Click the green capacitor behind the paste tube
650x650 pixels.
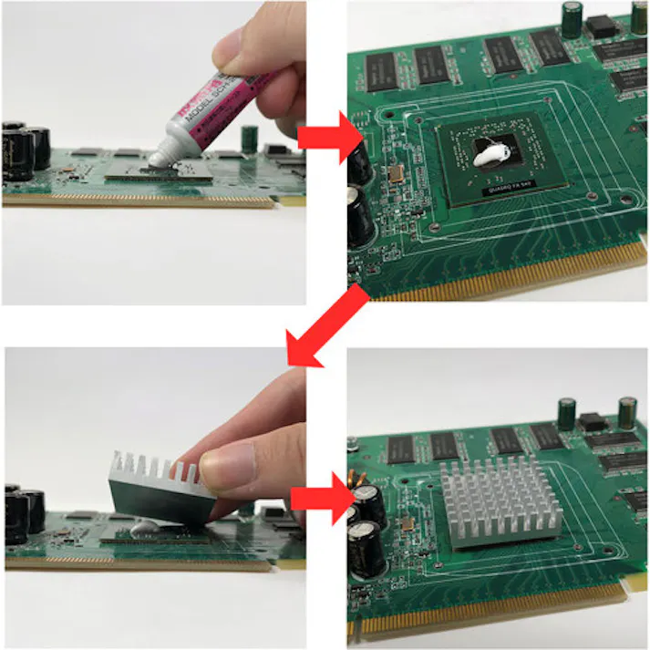(x=249, y=138)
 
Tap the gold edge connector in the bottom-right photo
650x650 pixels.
(x=492, y=611)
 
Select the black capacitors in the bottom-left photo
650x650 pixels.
(x=25, y=514)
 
